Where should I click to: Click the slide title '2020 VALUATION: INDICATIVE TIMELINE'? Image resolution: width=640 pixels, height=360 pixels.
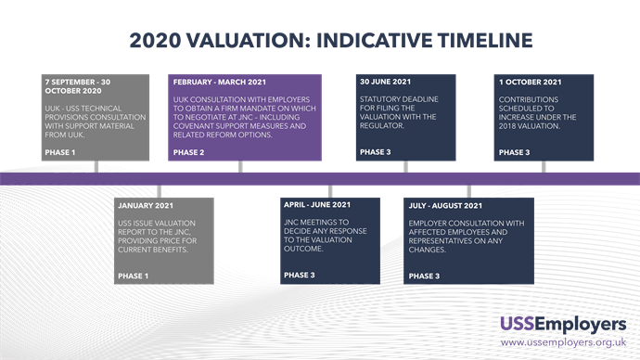(331, 40)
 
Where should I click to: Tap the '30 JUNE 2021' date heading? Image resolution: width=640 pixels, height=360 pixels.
(386, 83)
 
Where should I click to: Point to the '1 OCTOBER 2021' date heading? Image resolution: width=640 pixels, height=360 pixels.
(529, 83)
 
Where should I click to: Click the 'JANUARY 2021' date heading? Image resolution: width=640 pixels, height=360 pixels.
(147, 205)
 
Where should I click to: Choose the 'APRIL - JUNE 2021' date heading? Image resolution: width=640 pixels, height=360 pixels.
(317, 205)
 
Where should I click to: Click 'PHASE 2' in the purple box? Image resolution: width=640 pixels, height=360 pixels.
(189, 152)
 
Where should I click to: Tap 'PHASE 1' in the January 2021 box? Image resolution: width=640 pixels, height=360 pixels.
(134, 276)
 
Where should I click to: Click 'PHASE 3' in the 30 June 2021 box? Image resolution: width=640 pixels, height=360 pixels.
(376, 152)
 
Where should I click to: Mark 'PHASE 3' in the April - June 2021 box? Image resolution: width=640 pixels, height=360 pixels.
(300, 276)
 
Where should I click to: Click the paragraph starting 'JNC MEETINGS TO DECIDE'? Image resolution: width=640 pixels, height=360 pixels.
(319, 236)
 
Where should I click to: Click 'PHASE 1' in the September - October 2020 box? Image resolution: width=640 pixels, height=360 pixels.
(60, 152)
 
